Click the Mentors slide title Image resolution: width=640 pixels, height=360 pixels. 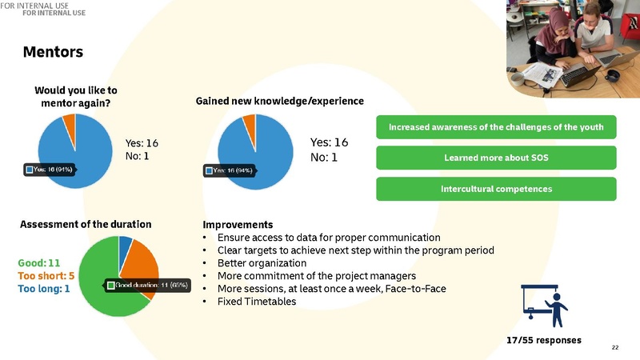[x=54, y=53]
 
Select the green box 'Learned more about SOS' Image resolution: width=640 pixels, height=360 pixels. [x=496, y=158]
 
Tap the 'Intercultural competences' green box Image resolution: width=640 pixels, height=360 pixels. [x=496, y=189]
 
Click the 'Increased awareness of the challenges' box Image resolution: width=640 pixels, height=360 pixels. [x=496, y=126]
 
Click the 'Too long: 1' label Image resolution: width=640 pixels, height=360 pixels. [x=43, y=288]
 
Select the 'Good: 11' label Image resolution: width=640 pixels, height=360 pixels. [x=39, y=262]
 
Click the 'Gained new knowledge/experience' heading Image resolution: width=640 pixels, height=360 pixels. [x=280, y=102]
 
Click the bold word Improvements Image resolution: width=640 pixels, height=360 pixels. [x=238, y=225]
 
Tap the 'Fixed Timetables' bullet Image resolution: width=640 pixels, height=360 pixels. [x=254, y=302]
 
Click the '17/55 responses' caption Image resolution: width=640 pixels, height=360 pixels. [x=544, y=340]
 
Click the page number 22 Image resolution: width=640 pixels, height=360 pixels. [x=615, y=347]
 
